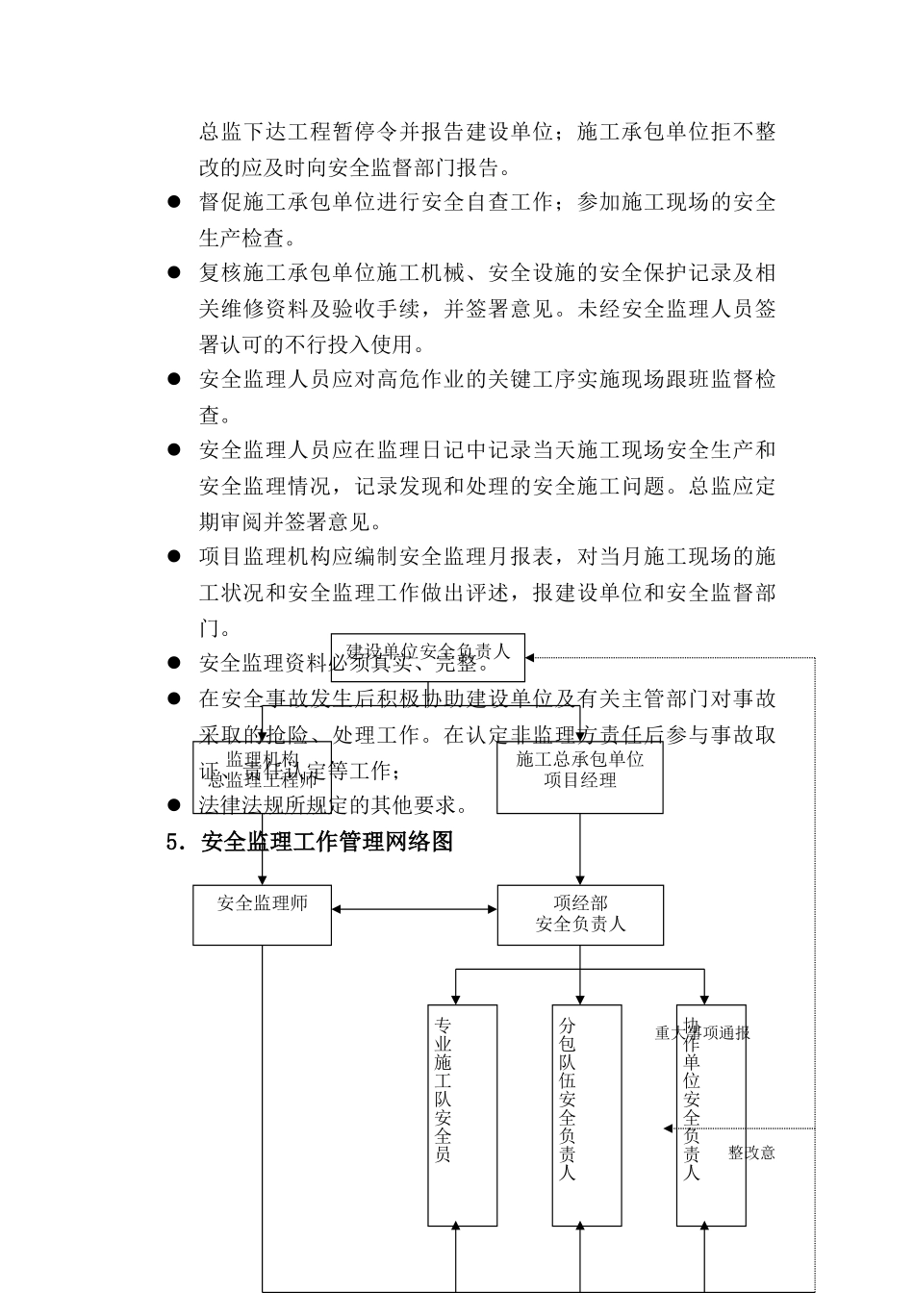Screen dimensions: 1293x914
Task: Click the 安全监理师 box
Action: click(x=262, y=915)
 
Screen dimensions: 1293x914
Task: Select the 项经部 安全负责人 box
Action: click(x=580, y=915)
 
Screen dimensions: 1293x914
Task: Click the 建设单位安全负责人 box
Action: click(x=428, y=658)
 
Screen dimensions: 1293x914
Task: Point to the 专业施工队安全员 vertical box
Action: click(x=463, y=1115)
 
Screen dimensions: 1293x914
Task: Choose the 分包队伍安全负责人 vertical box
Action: click(x=587, y=1115)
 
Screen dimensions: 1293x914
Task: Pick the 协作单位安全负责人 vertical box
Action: click(x=711, y=1115)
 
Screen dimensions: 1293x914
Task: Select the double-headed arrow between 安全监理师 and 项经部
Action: click(x=414, y=909)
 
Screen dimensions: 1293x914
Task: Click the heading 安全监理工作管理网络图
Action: click(x=327, y=842)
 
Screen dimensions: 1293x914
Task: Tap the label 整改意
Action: click(x=751, y=1153)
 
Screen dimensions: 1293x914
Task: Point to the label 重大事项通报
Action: click(x=702, y=1033)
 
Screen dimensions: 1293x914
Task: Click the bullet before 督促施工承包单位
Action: click(x=174, y=202)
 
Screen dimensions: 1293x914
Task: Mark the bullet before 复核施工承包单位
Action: click(x=174, y=273)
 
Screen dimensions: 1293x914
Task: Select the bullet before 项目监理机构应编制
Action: click(x=174, y=556)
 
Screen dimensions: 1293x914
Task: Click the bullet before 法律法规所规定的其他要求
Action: click(x=174, y=805)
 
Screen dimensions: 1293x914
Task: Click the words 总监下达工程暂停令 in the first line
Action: click(x=289, y=132)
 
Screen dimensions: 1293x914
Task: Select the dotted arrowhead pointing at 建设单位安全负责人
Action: click(x=531, y=658)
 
